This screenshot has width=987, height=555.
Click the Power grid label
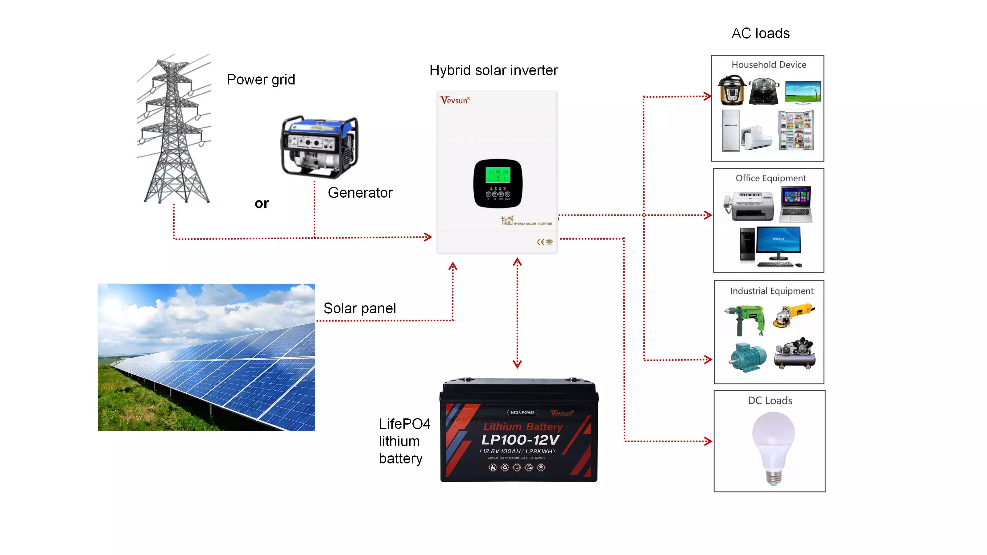point(261,80)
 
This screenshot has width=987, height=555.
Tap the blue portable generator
point(320,146)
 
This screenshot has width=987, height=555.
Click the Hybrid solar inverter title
point(493,71)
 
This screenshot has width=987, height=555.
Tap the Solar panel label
point(359,308)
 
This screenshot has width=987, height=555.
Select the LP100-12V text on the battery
point(520,440)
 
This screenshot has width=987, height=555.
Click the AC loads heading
point(761,33)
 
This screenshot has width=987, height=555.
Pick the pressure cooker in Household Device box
point(732,90)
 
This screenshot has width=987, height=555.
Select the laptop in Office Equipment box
point(795,204)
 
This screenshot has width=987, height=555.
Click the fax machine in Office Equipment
point(748,207)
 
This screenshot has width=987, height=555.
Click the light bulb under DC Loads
point(773,446)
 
